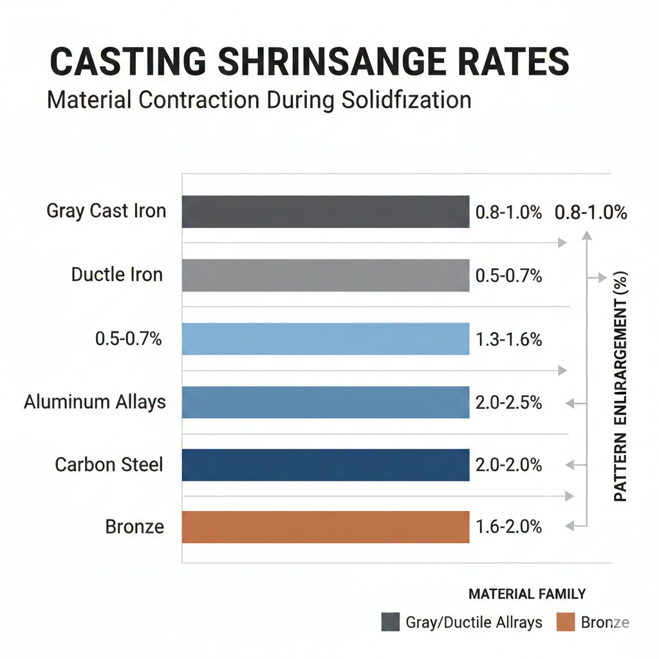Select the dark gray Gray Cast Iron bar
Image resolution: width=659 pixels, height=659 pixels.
(326, 212)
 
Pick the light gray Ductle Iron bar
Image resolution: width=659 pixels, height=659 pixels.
(326, 275)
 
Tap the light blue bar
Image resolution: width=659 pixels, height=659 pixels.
(326, 339)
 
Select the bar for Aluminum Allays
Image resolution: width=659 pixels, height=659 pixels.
(326, 402)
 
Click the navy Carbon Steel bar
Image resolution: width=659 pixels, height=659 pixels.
(326, 465)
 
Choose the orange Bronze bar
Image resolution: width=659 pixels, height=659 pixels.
(326, 527)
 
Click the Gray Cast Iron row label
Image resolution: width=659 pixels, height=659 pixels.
(106, 211)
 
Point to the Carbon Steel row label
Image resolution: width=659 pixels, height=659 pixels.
(109, 464)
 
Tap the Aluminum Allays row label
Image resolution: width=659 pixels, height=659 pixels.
(95, 402)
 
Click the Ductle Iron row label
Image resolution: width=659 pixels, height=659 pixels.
(117, 275)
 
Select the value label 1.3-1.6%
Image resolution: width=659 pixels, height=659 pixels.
(508, 340)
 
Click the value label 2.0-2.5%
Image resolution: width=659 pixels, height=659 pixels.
(508, 404)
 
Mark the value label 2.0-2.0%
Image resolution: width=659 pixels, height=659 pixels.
(508, 465)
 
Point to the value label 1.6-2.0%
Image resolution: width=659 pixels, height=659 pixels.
(508, 528)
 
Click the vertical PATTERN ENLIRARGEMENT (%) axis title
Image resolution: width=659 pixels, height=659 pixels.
(620, 386)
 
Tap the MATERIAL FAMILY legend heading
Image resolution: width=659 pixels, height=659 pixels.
(527, 594)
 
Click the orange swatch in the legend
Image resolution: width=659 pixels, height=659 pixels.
(564, 622)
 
